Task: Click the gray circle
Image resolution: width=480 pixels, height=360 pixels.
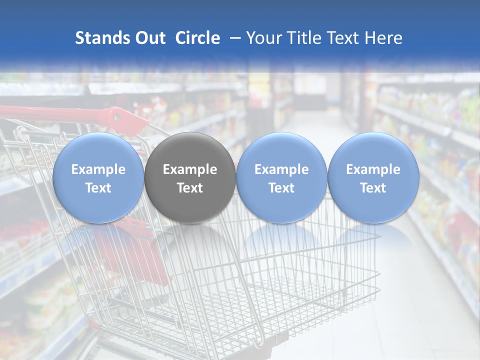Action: click(x=190, y=177)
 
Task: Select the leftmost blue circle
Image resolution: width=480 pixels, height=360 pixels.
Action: click(x=98, y=177)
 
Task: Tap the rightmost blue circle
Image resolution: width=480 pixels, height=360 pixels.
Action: click(x=373, y=177)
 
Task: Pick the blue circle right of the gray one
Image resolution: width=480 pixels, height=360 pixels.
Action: click(x=281, y=177)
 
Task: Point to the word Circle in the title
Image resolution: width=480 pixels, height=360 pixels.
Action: click(x=197, y=38)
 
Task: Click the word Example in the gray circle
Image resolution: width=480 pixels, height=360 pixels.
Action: click(x=190, y=169)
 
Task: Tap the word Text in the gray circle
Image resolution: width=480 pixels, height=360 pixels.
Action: click(x=190, y=188)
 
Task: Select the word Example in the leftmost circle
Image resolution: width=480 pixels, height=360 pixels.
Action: click(x=98, y=169)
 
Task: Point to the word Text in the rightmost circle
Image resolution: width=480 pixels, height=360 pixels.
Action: click(x=373, y=188)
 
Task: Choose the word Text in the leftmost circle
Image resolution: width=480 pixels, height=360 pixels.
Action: click(x=98, y=188)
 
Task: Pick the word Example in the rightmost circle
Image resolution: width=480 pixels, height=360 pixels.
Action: click(x=373, y=169)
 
